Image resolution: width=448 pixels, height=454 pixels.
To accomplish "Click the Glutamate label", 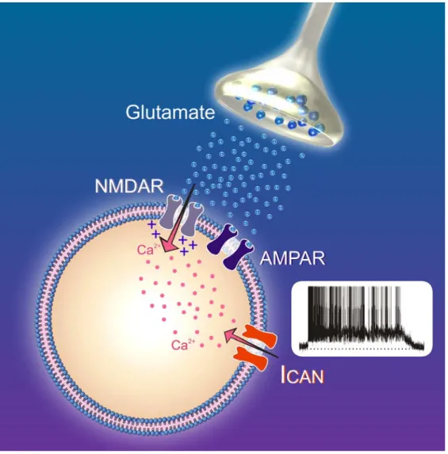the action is (x=170, y=113).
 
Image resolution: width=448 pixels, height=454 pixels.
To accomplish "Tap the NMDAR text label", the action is (x=129, y=186).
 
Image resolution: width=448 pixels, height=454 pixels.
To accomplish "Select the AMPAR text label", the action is (x=292, y=258).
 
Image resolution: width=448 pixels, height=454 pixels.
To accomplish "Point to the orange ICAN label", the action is (x=302, y=375).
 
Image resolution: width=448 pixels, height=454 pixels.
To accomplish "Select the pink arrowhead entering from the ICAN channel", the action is (x=233, y=335).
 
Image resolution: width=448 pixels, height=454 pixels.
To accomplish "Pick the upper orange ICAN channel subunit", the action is (x=259, y=337).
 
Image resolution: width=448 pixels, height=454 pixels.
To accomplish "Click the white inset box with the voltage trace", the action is (x=362, y=319).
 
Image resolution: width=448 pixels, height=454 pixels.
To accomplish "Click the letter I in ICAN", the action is (x=284, y=375).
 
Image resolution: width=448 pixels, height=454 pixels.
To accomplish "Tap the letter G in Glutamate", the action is (x=133, y=112).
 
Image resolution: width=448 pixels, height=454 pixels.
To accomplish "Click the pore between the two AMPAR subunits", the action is (x=231, y=246).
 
